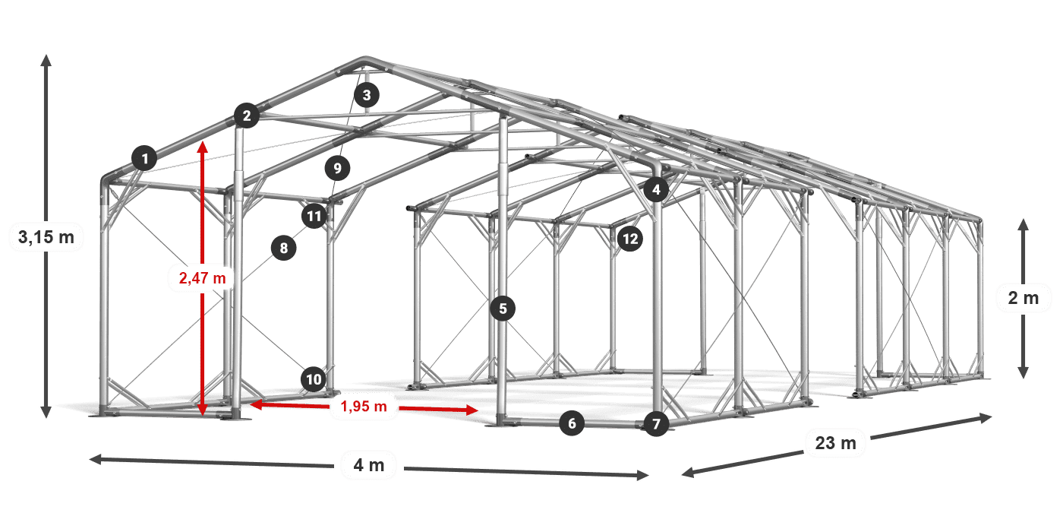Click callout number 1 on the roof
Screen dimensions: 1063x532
tap(145, 158)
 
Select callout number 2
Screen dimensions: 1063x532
tap(247, 116)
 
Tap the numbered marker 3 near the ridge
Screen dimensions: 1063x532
tap(367, 95)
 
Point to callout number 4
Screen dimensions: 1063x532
tap(656, 189)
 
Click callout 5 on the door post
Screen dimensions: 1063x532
tap(503, 309)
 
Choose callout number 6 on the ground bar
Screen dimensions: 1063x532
tap(572, 423)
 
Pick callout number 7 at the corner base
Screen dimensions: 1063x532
tap(656, 424)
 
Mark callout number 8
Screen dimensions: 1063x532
tap(284, 248)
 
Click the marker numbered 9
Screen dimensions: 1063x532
tap(337, 168)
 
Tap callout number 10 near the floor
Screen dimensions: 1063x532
tap(314, 379)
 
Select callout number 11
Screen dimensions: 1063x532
tap(314, 216)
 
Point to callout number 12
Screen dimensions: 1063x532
tap(630, 239)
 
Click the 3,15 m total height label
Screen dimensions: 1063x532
tap(46, 236)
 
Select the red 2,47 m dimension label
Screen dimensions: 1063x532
tap(203, 278)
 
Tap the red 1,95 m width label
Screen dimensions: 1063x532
tap(364, 406)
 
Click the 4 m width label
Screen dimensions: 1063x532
tap(369, 465)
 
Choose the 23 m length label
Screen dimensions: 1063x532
tap(836, 442)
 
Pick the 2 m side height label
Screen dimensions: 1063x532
tap(1024, 298)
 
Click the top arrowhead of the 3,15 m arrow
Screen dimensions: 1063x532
tap(46, 60)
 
